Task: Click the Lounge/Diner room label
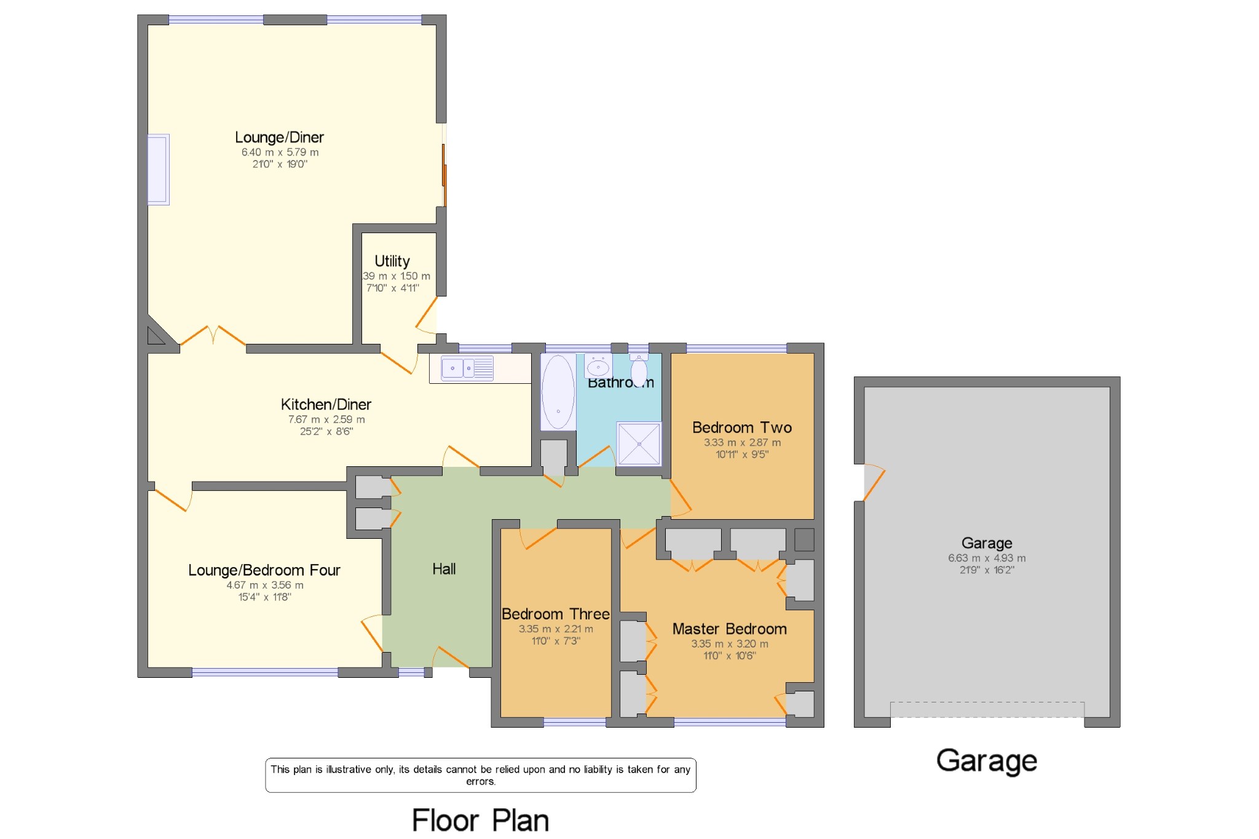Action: click(279, 137)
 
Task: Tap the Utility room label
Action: click(392, 261)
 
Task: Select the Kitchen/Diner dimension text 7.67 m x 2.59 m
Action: click(326, 419)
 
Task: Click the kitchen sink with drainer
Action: click(467, 368)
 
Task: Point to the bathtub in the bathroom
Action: click(558, 392)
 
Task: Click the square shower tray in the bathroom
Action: click(639, 443)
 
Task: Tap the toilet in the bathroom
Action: click(639, 371)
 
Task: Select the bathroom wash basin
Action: click(598, 368)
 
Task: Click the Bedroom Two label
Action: click(741, 427)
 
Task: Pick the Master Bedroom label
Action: click(729, 629)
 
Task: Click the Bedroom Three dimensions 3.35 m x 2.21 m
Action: click(556, 629)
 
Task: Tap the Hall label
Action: click(444, 569)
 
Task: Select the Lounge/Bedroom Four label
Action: click(264, 570)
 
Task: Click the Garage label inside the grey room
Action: click(987, 543)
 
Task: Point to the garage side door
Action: click(873, 483)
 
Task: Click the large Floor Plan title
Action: click(480, 820)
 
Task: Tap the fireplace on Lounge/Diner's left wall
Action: click(158, 169)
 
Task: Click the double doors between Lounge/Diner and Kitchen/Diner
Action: click(213, 337)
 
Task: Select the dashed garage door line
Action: click(987, 702)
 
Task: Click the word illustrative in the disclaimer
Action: click(348, 769)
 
